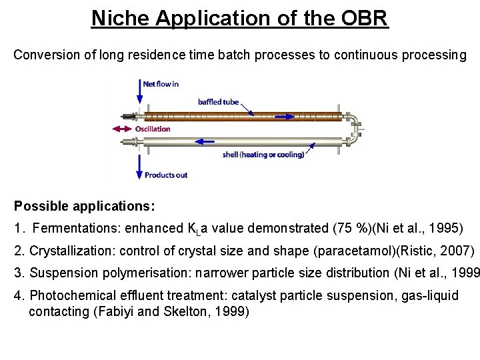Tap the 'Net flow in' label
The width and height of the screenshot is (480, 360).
pos(161,84)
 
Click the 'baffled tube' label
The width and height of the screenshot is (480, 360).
pos(218,102)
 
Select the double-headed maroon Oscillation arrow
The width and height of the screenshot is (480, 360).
pos(123,129)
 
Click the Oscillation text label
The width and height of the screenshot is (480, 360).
pos(153,129)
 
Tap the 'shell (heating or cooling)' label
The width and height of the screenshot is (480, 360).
pos(263,155)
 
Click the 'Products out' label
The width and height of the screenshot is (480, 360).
pos(166,175)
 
